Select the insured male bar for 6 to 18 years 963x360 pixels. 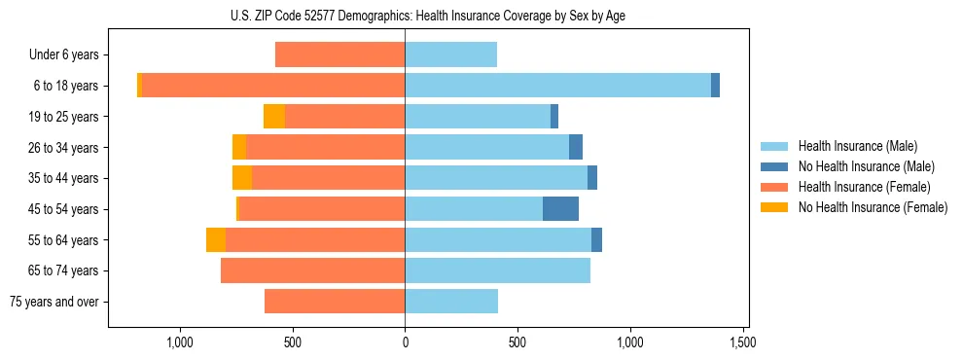[x=557, y=86]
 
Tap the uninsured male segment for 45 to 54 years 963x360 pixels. [x=560, y=208]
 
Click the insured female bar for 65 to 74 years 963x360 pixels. [x=312, y=270]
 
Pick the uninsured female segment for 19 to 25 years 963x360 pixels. [x=274, y=117]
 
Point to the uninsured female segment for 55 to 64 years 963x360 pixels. [x=216, y=239]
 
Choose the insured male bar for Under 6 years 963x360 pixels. [x=450, y=54]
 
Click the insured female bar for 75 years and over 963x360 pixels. [x=335, y=302]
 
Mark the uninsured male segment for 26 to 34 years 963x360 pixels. [x=576, y=147]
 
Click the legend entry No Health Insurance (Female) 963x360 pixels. [x=873, y=207]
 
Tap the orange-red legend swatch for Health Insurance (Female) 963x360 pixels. [x=775, y=187]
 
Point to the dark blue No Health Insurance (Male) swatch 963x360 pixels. [x=775, y=166]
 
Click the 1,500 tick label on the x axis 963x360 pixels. [x=744, y=342]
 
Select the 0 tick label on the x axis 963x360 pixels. [x=405, y=342]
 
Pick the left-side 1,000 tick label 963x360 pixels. [x=179, y=342]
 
